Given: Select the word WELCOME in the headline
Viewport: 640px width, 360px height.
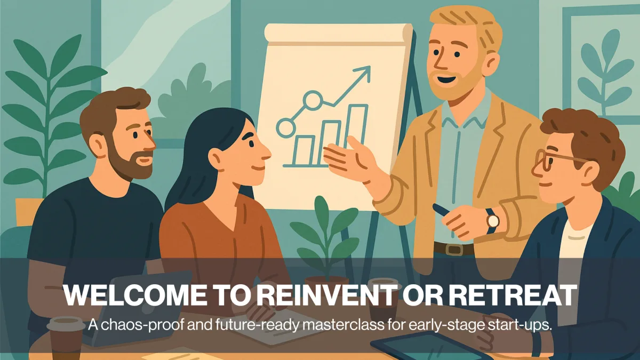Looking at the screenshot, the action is click(135, 295).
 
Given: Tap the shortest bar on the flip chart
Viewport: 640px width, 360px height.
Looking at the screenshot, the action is click(305, 150).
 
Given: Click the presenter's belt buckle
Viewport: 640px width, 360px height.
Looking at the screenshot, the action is click(454, 249).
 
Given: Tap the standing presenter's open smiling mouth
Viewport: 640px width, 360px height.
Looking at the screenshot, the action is click(447, 79).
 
